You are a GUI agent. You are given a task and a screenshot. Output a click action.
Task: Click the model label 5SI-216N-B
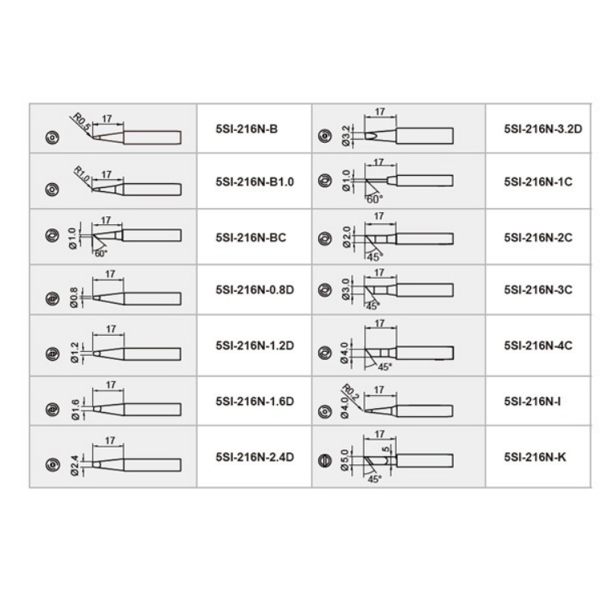[247, 128]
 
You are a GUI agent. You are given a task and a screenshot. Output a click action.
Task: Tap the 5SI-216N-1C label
[537, 182]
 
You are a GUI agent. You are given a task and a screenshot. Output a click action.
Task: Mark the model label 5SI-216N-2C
[537, 238]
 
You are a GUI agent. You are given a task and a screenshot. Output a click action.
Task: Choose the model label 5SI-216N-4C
[537, 346]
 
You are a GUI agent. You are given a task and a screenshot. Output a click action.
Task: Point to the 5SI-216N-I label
[531, 399]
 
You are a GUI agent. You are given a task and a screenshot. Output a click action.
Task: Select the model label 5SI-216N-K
[533, 457]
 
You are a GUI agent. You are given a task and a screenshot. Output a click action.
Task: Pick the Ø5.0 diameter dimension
[346, 461]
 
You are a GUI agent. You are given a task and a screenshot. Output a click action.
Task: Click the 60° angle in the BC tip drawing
[100, 253]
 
